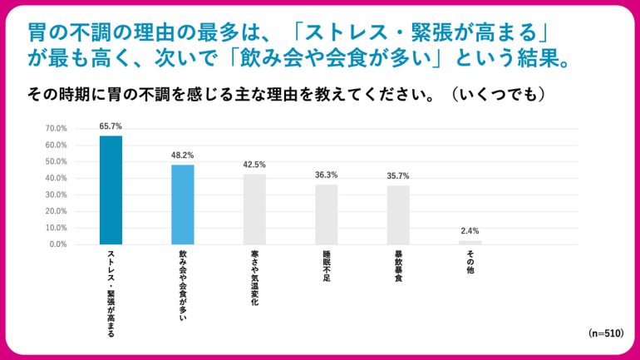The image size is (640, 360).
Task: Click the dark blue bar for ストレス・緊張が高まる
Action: point(111,190)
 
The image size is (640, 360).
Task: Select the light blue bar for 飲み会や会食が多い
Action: point(183,205)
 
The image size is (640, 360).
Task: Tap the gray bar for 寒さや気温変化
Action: point(254,210)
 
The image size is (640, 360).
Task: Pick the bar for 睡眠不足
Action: point(326,215)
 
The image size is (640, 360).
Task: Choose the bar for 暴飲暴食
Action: point(398,215)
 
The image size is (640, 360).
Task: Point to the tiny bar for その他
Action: point(470,242)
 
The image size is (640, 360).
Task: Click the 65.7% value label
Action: point(111,126)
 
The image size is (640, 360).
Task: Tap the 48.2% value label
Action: point(183,155)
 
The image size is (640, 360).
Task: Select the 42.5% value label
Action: point(254,165)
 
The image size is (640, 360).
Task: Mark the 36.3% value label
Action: point(326,175)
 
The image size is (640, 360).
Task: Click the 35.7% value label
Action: point(398,175)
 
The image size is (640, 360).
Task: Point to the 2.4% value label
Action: point(470,231)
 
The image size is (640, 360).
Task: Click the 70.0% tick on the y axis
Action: point(57,128)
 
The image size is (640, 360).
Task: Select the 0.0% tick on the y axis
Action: point(58,244)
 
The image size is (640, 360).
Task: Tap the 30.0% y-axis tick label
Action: point(57,195)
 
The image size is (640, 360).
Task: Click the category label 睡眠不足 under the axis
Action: point(326,267)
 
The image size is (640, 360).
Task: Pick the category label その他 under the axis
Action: point(470,262)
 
